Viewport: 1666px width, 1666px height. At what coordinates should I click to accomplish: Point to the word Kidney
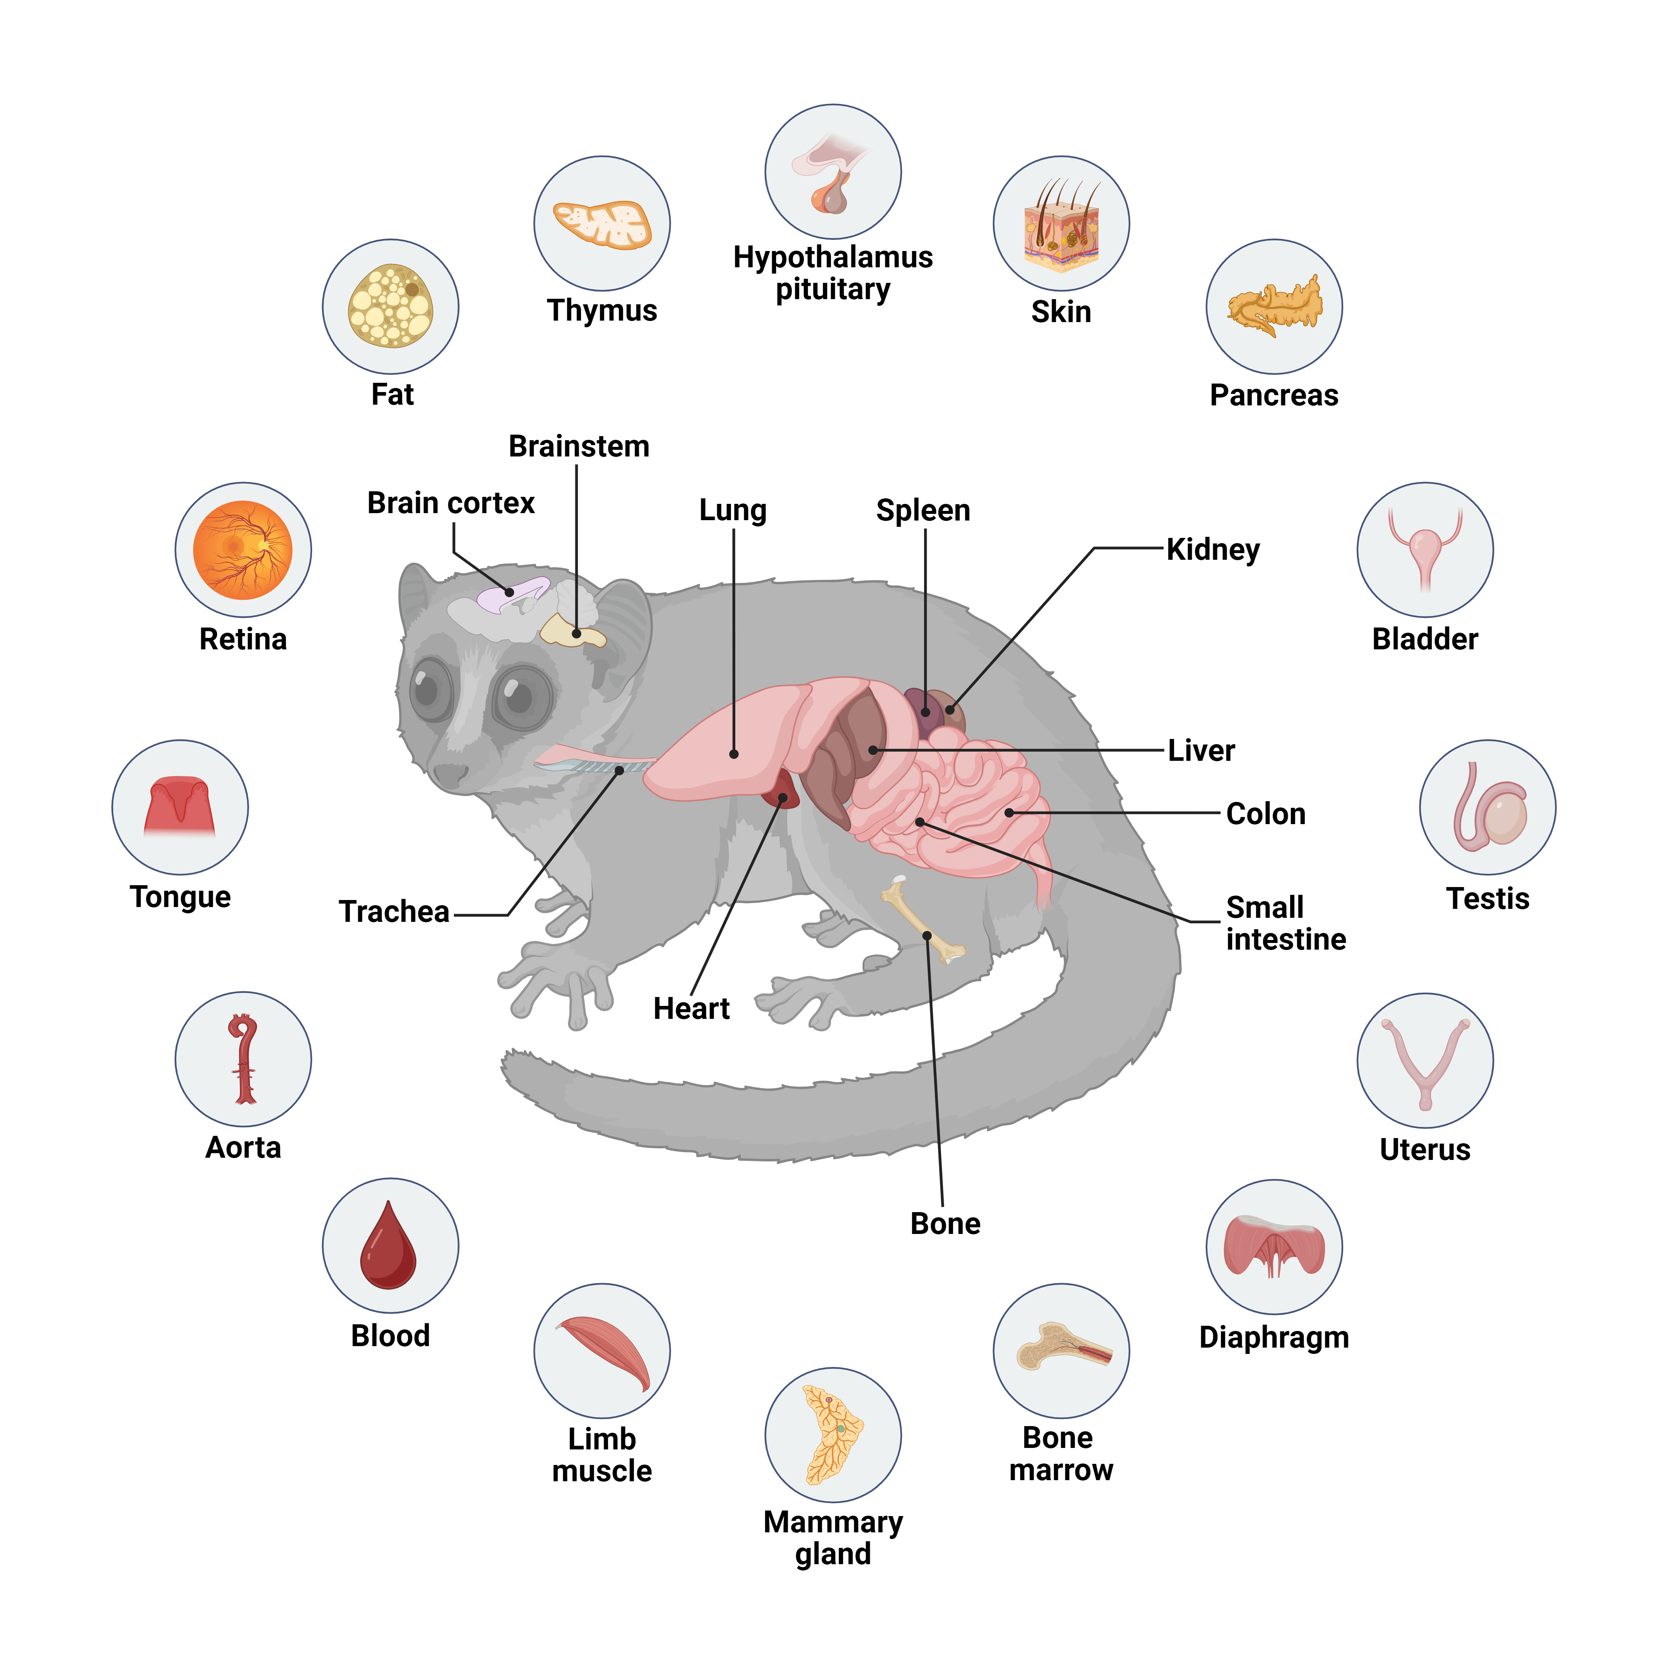pos(1212,549)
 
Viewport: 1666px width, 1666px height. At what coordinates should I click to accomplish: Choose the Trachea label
pos(394,911)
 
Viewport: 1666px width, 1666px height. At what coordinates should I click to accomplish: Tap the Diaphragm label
pos(1274,1338)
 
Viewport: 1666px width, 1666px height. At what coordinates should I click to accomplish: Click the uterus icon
pos(1425,1061)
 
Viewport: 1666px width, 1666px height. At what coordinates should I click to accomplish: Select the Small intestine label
pos(1285,923)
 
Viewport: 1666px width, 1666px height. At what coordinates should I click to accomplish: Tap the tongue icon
pos(180,807)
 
